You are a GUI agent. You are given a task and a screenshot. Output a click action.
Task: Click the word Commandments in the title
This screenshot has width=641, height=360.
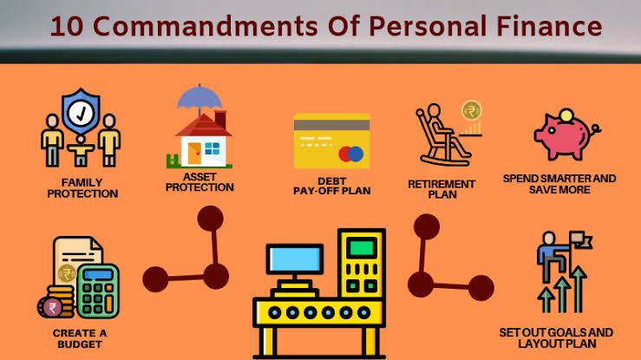(x=206, y=26)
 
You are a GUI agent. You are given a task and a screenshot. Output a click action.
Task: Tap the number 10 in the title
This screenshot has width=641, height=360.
(x=67, y=27)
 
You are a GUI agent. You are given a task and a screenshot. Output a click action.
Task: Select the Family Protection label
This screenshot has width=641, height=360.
(x=82, y=188)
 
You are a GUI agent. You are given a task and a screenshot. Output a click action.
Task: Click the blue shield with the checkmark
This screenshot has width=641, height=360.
(x=81, y=112)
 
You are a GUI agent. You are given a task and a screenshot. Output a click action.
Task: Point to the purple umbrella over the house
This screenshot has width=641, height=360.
(x=199, y=99)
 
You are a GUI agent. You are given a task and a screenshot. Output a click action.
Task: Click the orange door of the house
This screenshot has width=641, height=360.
(x=194, y=154)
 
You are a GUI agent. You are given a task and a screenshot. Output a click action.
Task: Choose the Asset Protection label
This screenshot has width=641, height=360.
(x=199, y=182)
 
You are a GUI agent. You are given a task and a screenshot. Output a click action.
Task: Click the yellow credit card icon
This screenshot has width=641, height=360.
(x=331, y=141)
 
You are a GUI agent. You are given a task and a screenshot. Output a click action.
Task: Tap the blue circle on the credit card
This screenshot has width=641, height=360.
(x=356, y=154)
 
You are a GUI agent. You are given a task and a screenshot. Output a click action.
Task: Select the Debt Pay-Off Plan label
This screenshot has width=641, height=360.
(x=332, y=186)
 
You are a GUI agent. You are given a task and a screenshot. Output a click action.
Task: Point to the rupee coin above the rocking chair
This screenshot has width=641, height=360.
(x=472, y=111)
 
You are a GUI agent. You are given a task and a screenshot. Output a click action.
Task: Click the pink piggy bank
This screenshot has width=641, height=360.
(x=566, y=134)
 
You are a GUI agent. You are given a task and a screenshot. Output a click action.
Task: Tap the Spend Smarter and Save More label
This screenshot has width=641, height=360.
(x=559, y=184)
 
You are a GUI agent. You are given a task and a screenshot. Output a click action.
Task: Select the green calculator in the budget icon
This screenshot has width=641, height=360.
(x=98, y=291)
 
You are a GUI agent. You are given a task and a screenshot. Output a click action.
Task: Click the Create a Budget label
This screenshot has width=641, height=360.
(x=80, y=339)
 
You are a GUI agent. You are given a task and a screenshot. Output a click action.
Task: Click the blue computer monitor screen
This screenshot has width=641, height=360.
(x=294, y=259)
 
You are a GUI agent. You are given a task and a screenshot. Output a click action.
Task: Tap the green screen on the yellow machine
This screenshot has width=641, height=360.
(x=362, y=247)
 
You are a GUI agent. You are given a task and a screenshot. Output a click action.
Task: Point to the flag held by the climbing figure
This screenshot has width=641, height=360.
(x=581, y=240)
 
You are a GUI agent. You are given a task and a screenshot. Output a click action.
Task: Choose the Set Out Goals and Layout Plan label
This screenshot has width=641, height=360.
(x=556, y=338)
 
